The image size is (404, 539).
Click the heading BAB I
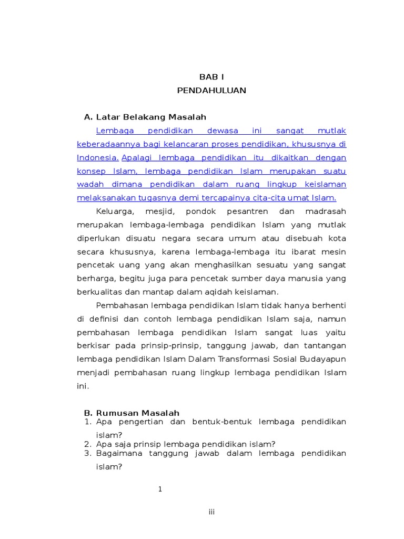coord(211,77)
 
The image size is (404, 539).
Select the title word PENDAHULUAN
coord(211,91)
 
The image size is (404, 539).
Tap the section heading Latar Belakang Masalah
coord(151,117)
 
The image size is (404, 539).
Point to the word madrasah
coord(326,211)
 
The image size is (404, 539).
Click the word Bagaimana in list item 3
coord(119,453)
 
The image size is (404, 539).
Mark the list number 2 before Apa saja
coord(88,444)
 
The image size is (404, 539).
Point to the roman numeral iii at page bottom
coord(211,512)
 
